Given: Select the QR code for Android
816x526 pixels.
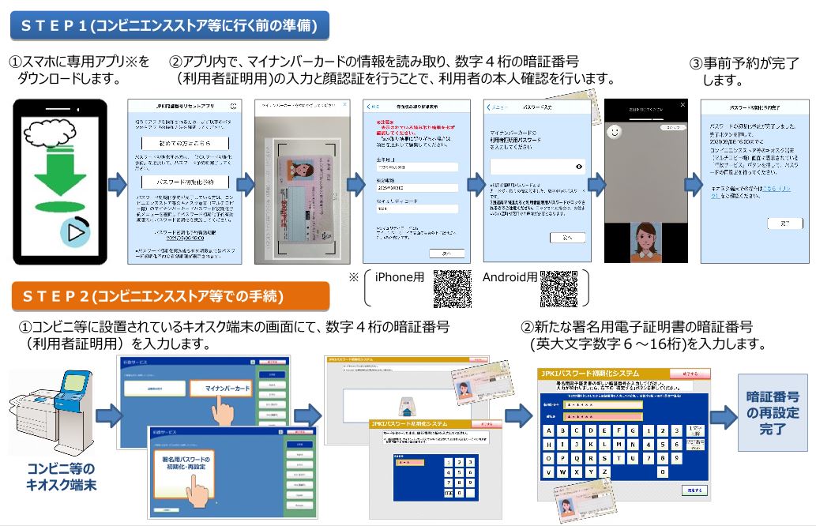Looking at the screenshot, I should coord(558,288).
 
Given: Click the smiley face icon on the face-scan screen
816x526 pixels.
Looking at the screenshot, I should coord(614,133).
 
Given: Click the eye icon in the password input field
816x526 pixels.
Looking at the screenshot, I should coord(580,167).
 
